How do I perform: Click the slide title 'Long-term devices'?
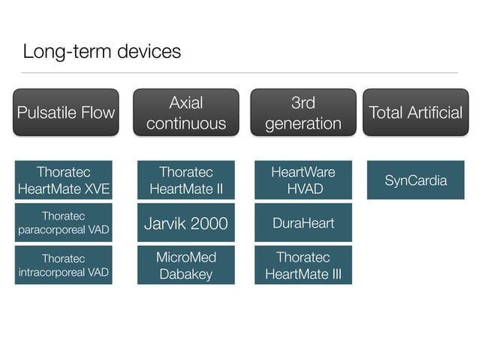(x=101, y=51)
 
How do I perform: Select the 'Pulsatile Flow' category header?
(x=65, y=113)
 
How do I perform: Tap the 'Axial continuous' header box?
(x=185, y=113)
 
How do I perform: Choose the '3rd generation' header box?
(x=303, y=113)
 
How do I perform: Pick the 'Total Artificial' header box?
(x=415, y=113)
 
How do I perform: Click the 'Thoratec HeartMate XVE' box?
(x=64, y=180)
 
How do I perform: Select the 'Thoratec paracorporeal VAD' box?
(x=64, y=222)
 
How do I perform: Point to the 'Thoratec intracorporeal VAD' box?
(x=64, y=265)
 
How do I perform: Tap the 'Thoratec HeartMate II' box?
(x=185, y=180)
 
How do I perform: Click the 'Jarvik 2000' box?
(x=185, y=223)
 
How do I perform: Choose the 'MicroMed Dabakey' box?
(x=185, y=265)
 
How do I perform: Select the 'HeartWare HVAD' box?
(x=303, y=180)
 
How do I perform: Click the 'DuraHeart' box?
(x=303, y=223)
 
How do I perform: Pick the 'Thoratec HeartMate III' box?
(x=303, y=265)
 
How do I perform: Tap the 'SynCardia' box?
(x=415, y=180)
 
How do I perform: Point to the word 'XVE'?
(x=95, y=189)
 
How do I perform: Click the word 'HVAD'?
(x=303, y=189)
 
